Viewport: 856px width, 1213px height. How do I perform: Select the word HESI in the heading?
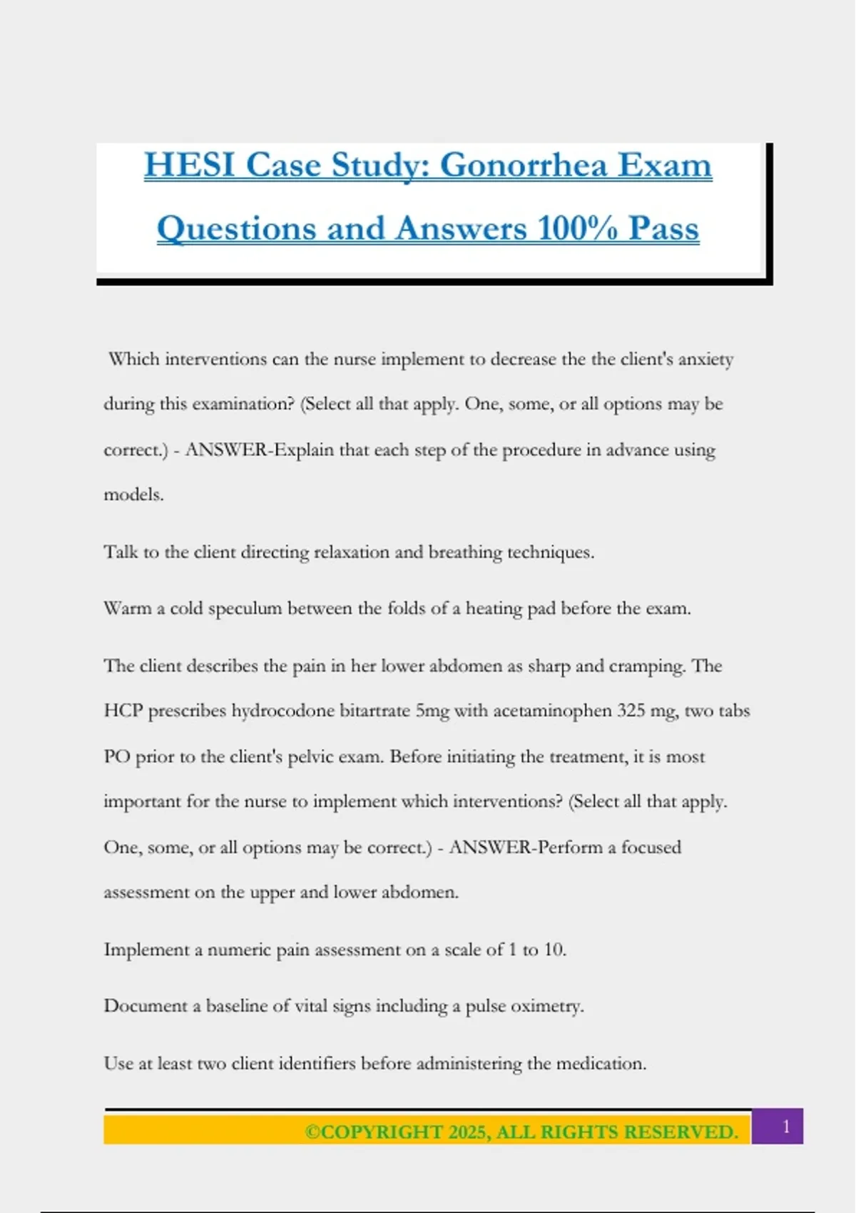(190, 166)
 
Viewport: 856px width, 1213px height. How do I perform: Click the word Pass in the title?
(663, 229)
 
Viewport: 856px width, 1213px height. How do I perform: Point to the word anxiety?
(705, 359)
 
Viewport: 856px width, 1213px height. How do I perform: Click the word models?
(133, 494)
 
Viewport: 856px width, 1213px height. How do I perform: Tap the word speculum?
(245, 609)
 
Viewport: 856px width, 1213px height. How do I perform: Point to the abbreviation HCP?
(123, 711)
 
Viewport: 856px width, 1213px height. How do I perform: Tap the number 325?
(631, 711)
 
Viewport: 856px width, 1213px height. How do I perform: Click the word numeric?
(240, 950)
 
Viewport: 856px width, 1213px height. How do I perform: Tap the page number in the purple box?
(786, 1127)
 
